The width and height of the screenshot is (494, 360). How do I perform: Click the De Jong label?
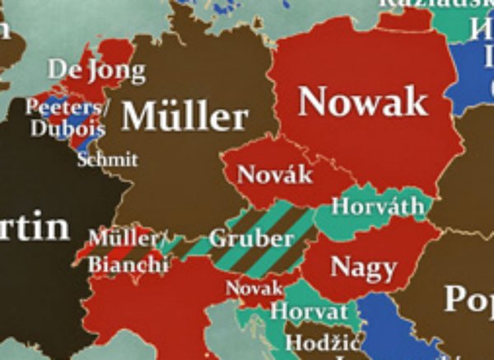96,69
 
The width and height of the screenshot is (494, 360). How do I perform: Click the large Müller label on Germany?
184,117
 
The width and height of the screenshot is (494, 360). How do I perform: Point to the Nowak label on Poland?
363,101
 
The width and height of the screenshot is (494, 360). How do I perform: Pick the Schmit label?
107,159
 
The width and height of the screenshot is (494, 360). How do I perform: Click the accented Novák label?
274,174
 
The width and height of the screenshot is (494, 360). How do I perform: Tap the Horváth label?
378,205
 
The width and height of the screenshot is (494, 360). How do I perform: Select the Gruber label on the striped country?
251,239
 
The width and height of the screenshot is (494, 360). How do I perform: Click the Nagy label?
363,266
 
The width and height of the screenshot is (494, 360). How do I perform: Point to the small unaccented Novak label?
254,288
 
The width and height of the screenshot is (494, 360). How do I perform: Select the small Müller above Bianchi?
123,240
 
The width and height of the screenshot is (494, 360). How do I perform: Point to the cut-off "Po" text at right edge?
468,298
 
